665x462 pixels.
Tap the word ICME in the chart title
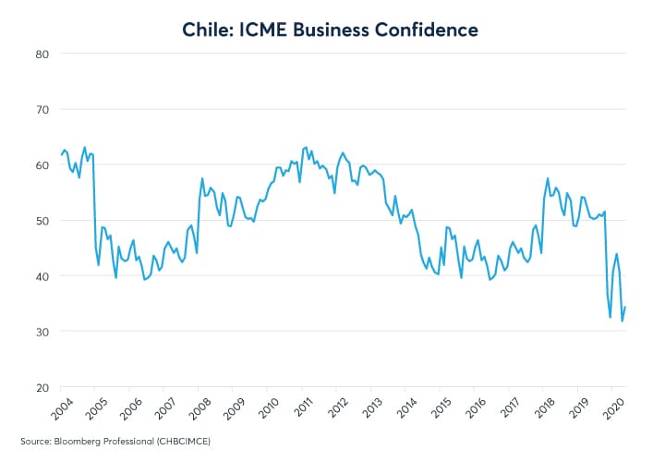point(273,30)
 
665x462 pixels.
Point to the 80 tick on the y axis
point(42,54)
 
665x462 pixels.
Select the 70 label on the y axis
point(42,109)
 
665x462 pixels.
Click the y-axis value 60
point(42,164)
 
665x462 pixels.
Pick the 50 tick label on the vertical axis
point(42,220)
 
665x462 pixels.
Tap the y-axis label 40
point(42,275)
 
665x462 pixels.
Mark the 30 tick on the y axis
point(42,331)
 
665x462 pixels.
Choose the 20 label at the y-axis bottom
point(42,386)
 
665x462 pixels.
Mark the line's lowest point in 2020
point(622,322)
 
